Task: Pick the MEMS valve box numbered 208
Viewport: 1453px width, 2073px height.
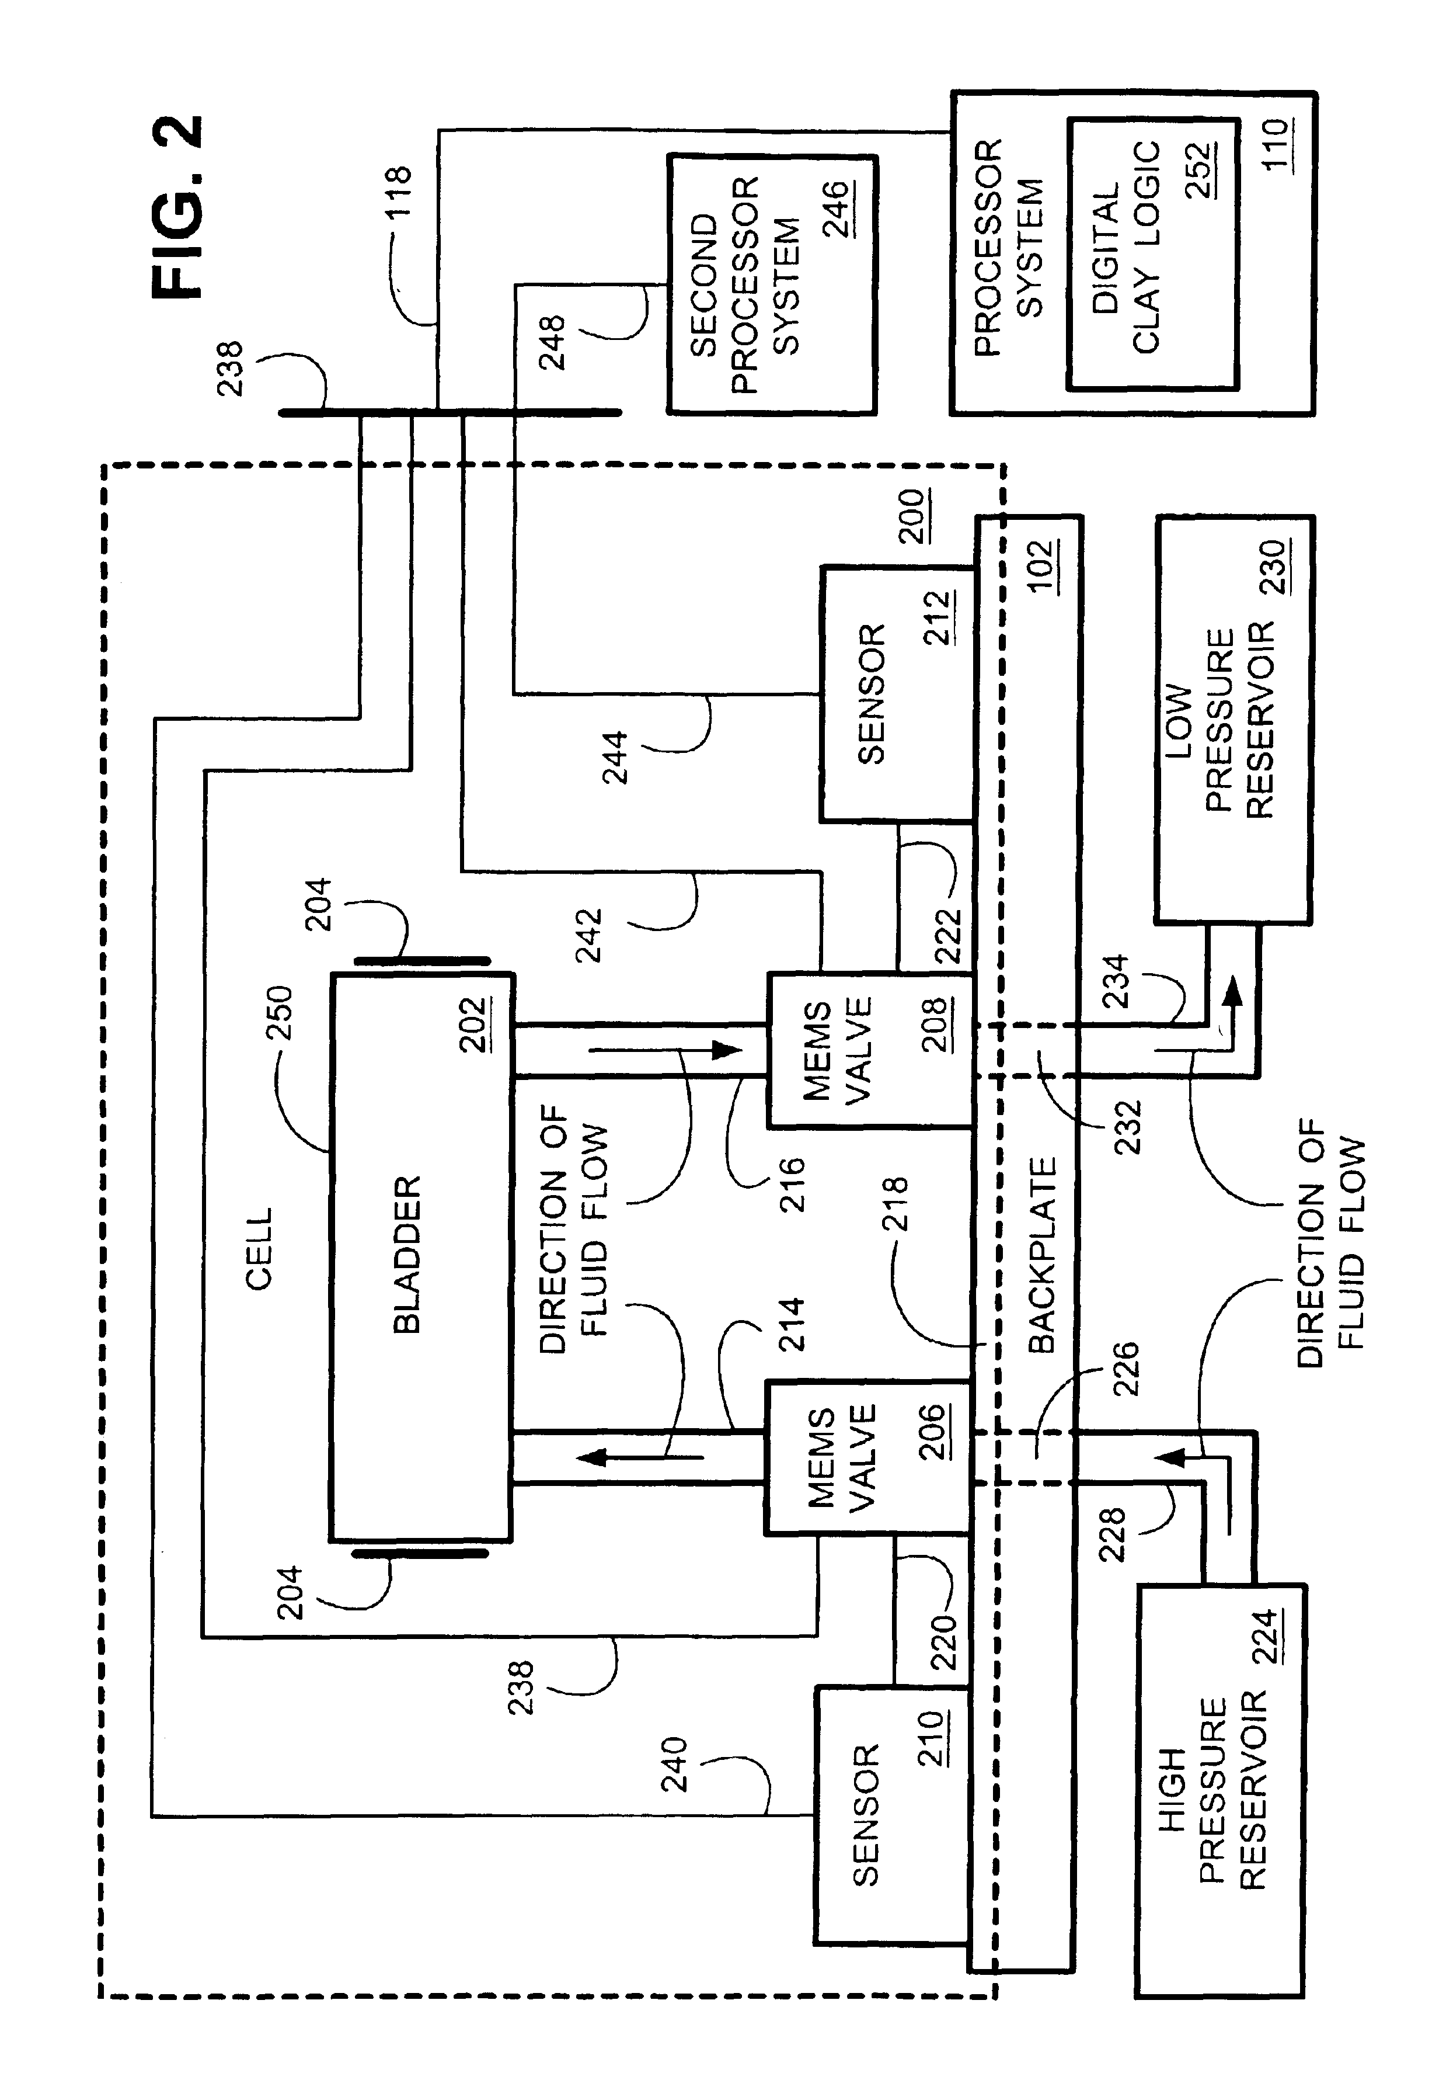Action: (870, 1049)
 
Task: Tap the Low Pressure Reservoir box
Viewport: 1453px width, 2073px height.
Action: (1234, 720)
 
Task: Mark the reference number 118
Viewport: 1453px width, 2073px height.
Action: (397, 190)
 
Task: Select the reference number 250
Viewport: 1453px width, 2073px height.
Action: (280, 1012)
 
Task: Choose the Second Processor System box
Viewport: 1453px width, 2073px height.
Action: (772, 284)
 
